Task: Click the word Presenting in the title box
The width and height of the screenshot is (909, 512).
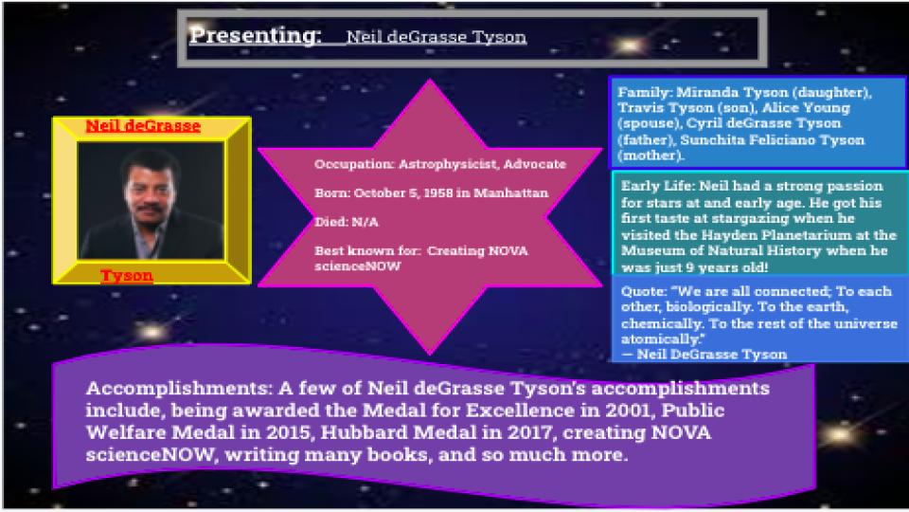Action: (255, 36)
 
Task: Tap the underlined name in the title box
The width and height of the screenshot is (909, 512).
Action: (436, 37)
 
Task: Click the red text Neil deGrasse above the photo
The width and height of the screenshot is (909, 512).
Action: (143, 126)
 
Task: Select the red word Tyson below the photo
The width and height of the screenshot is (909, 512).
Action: (127, 275)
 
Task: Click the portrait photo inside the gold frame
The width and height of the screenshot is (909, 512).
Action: (151, 200)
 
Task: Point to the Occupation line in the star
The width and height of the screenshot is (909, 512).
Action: (440, 164)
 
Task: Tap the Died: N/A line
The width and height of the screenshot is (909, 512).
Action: (347, 222)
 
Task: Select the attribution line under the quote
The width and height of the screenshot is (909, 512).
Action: (704, 354)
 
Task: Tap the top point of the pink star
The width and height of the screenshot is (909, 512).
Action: (430, 80)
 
